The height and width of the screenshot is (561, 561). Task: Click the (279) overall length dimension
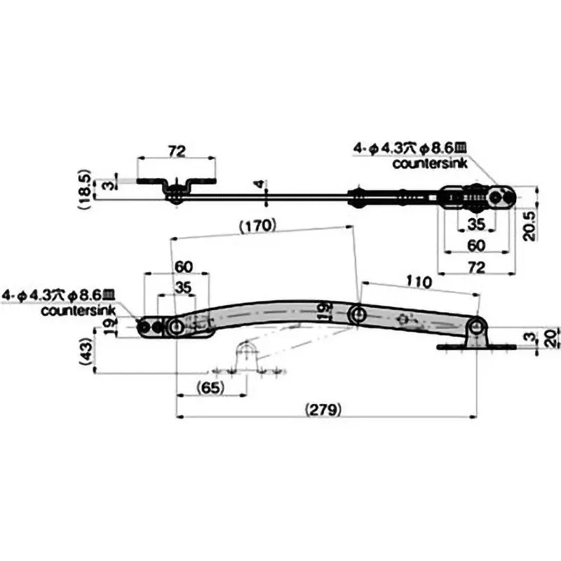[323, 409]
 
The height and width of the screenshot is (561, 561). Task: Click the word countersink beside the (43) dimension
[75, 310]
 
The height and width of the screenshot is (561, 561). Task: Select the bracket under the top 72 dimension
[176, 187]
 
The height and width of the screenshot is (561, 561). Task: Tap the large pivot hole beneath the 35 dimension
[175, 327]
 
